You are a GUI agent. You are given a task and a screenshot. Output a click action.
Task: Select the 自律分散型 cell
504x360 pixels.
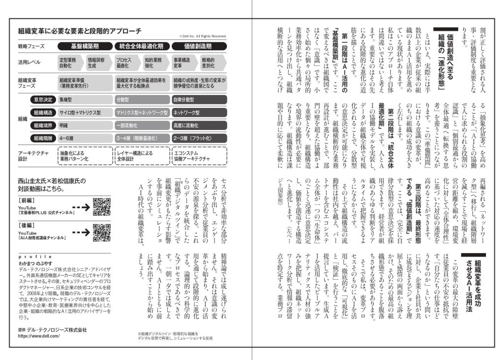(199, 99)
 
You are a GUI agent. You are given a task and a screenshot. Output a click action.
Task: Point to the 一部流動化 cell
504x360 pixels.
(142, 125)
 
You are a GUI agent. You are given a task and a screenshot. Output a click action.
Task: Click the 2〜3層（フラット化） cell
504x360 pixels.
(199, 138)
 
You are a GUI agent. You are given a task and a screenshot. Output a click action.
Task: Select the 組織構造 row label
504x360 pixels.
(42, 112)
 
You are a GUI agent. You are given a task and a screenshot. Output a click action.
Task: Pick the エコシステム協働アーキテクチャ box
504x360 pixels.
(199, 157)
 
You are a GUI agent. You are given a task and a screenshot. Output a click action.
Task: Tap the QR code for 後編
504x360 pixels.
(101, 232)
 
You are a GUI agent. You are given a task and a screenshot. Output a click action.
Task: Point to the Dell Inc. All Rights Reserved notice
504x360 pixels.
(203, 36)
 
